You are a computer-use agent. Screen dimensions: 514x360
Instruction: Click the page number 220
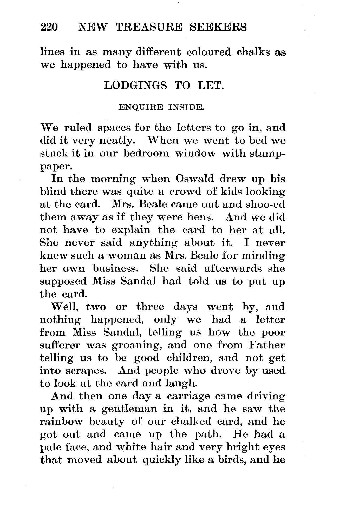point(49,27)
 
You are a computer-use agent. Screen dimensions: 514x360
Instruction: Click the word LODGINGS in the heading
point(135,85)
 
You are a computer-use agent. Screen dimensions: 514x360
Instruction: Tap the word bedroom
point(146,153)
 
